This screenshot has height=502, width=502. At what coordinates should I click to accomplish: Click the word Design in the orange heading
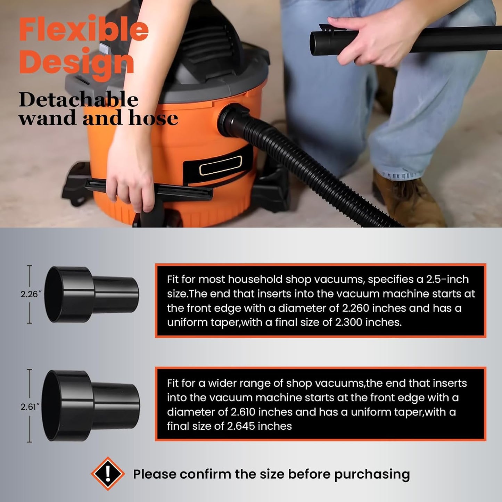pos(76,62)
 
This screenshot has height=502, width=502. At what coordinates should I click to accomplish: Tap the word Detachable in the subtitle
pos(78,100)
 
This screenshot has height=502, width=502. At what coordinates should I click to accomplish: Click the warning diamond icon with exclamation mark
pos(108,474)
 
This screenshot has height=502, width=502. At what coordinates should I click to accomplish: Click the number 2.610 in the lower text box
pos(243,412)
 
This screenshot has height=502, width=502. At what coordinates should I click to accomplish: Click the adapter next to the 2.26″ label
pos(91,294)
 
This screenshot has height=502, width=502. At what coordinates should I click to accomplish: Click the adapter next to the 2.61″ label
pos(91,405)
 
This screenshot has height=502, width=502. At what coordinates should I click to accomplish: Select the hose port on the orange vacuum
pos(232,120)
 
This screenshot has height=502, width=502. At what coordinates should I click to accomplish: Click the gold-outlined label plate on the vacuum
pos(220,165)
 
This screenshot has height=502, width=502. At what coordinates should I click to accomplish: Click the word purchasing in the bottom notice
pos(372,474)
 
